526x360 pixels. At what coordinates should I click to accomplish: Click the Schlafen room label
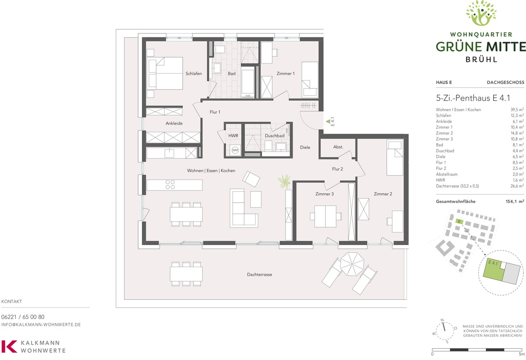193,74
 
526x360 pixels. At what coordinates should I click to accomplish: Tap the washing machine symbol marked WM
235,150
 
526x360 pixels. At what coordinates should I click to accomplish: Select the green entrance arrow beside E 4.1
328,121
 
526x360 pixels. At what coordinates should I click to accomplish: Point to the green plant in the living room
284,181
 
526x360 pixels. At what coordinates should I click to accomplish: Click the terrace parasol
352,264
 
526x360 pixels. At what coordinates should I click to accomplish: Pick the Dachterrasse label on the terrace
259,274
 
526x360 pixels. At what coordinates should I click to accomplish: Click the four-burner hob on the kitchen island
170,184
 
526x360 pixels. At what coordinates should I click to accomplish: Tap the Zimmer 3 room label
324,194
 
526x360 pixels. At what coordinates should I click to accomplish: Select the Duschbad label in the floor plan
274,136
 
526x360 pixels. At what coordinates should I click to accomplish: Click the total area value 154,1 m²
515,201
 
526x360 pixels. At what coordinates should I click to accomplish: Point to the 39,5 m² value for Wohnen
517,109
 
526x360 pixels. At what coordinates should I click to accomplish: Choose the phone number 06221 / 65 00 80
23,317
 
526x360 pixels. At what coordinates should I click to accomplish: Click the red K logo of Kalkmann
9,346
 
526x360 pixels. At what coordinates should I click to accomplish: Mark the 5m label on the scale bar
522,354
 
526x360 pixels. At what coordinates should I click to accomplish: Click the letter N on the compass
442,320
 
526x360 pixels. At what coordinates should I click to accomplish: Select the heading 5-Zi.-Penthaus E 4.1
473,98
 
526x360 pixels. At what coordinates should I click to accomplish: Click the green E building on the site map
459,221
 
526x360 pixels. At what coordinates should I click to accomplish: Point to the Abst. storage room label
338,147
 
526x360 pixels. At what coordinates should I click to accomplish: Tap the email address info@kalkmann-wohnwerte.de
41,325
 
